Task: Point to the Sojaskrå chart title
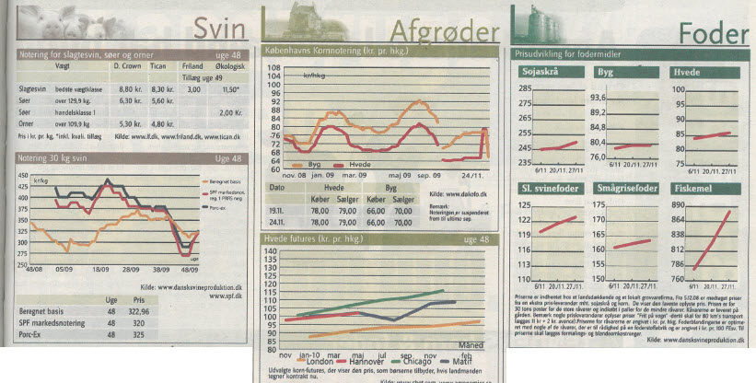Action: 541,71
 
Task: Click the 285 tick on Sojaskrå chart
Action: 525,88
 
